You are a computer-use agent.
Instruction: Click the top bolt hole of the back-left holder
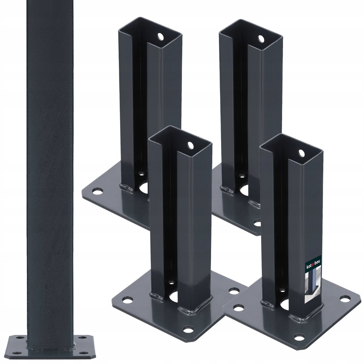click(160, 37)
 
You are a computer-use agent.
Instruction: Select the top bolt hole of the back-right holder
click(261, 39)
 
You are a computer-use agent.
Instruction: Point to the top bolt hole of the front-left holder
click(190, 145)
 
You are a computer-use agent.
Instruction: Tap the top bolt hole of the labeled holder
click(302, 153)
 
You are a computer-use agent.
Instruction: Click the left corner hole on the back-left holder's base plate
click(97, 191)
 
